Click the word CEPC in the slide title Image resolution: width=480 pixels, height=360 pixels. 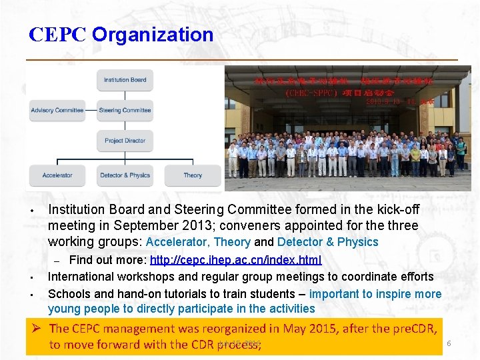[x=57, y=35]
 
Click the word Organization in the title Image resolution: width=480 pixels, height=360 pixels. [x=153, y=35]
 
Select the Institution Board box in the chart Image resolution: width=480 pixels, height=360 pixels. [x=125, y=80]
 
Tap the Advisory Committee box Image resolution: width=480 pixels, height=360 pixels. [x=57, y=110]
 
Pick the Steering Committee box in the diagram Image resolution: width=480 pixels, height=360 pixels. [x=125, y=110]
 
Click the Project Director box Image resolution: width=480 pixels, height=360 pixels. [x=125, y=141]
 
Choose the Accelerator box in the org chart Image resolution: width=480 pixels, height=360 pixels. [x=57, y=175]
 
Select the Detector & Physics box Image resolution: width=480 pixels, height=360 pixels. [x=125, y=175]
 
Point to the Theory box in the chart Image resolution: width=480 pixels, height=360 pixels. [x=193, y=175]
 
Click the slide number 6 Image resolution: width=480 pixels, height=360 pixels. [x=449, y=343]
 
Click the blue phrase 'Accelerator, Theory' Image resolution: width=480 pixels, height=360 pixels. [x=198, y=242]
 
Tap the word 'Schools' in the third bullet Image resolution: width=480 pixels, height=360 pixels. [x=69, y=294]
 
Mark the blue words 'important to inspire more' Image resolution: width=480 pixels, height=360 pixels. [x=375, y=294]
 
